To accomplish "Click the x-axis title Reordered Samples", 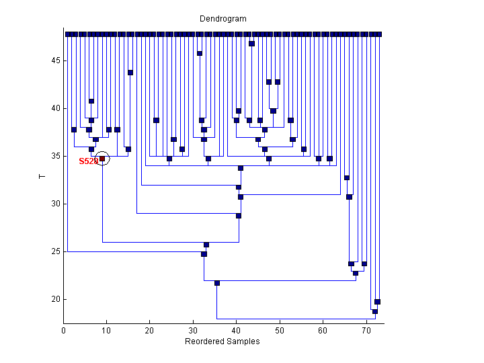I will (222, 341).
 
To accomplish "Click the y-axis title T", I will (42, 177).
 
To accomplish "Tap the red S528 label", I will (88, 161).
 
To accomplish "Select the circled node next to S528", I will (102, 159).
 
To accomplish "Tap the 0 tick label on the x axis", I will (63, 331).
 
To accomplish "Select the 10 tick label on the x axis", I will (106, 331).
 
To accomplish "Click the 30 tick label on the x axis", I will (193, 331).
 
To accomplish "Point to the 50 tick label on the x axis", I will (280, 331).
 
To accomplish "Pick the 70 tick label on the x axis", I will (366, 331).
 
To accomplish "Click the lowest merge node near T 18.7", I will (375, 311).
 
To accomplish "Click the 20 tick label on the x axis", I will (150, 331).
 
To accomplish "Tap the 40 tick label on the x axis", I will (236, 331).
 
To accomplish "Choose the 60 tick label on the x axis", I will (323, 331).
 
